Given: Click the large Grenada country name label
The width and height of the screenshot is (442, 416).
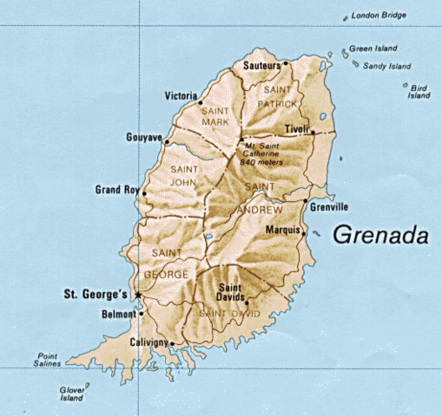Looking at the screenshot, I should tap(382, 235).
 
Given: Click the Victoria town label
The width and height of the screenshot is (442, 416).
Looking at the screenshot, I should tap(181, 95).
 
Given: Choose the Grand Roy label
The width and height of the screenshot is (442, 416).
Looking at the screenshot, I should tap(116, 189).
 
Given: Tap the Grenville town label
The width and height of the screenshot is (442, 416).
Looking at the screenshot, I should tap(330, 207).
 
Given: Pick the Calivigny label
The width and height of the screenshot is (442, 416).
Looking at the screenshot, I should tap(148, 343).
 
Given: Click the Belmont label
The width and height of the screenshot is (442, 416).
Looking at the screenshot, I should tap(118, 314).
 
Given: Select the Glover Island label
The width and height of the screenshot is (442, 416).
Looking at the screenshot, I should tap(72, 395).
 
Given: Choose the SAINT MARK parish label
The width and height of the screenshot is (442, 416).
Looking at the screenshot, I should tap(214, 116).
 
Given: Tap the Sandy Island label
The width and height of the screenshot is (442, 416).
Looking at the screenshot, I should tap(387, 65).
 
